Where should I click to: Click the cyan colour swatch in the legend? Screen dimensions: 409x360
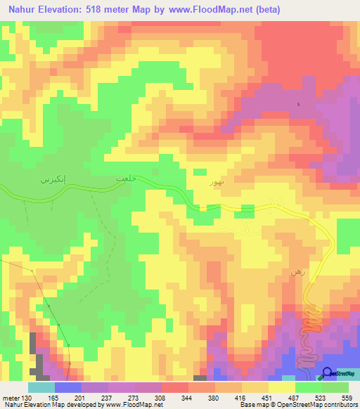pyautogui.click(x=41, y=387)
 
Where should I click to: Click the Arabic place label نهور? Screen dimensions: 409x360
pyautogui.click(x=217, y=182)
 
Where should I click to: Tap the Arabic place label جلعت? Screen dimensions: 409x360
pyautogui.click(x=124, y=180)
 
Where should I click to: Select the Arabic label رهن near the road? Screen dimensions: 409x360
pyautogui.click(x=296, y=271)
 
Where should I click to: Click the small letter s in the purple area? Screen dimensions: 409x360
pyautogui.click(x=298, y=105)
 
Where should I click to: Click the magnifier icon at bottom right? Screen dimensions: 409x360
pyautogui.click(x=328, y=374)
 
